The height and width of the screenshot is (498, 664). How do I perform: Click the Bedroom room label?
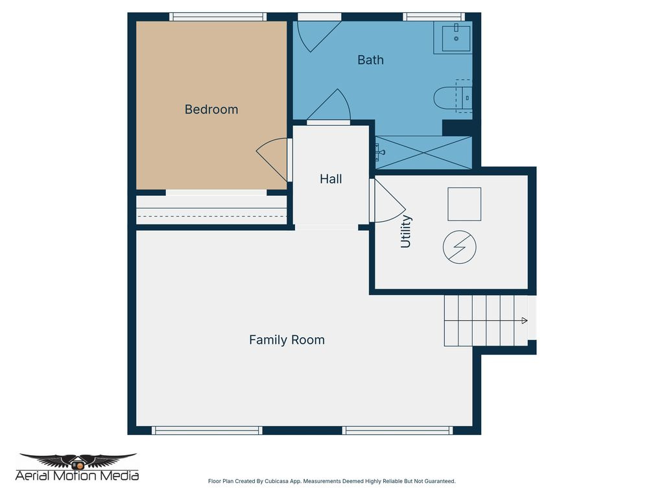click(x=211, y=110)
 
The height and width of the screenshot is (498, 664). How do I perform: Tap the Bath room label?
click(x=370, y=60)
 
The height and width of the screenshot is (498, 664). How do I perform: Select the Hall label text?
click(x=331, y=179)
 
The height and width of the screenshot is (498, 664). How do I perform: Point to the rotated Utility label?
click(x=406, y=232)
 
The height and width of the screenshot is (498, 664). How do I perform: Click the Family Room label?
click(x=287, y=340)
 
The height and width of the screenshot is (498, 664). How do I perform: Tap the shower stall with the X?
click(x=423, y=152)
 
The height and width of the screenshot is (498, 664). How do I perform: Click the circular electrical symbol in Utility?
click(x=459, y=247)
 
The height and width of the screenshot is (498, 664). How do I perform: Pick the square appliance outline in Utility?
click(x=464, y=204)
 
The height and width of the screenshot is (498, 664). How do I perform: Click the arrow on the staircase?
click(x=524, y=320)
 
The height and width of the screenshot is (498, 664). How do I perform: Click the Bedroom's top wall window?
click(x=218, y=17)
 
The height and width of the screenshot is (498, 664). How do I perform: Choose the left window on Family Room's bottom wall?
click(x=207, y=430)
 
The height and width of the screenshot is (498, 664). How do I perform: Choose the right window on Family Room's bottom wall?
click(x=397, y=430)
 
